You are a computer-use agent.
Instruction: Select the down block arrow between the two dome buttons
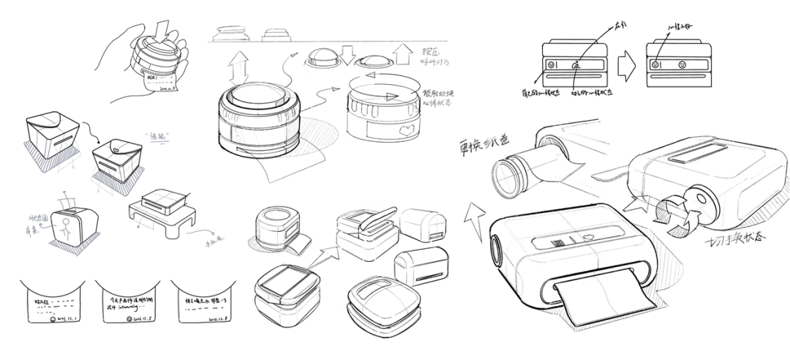pyautogui.click(x=348, y=53)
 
